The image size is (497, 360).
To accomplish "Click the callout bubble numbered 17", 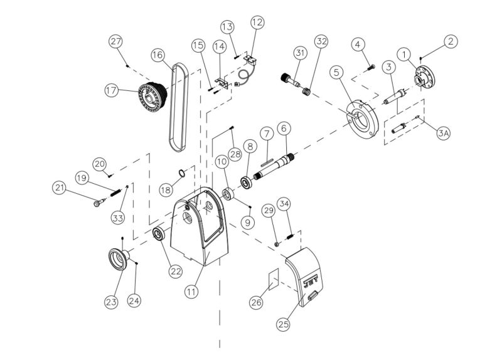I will pos(111,90).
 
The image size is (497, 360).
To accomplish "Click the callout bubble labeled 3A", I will pos(444,133).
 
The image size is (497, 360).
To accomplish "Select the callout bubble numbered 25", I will pos(284,324).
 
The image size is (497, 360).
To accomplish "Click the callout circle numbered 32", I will pos(321,43).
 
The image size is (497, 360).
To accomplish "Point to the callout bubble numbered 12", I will pos(257,23).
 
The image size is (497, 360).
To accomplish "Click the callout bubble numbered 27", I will pos(115,41).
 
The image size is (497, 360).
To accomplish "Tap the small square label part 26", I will pos(273,279).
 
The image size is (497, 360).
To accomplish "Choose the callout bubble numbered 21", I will pos(60,187).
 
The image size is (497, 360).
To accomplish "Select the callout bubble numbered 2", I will pos(451,41).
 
